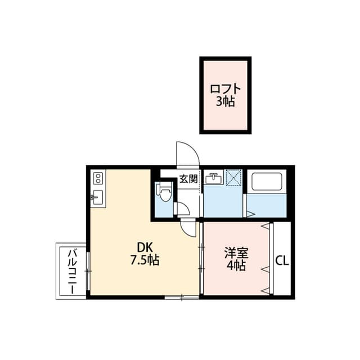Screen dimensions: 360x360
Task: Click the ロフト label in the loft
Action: pos(225,89)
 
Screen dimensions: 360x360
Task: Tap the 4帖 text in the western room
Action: pos(236,266)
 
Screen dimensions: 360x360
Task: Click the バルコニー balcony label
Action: pos(72,271)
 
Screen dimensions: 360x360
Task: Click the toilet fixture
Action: pos(164,193)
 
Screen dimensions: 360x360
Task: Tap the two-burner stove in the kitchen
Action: pos(97,179)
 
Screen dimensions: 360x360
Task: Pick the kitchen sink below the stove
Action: pos(96,198)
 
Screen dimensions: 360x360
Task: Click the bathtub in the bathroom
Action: pos(268,182)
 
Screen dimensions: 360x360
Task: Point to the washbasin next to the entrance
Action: pos(213,179)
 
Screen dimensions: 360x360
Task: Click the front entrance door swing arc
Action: pos(187,153)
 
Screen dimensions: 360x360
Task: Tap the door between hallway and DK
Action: pos(187,226)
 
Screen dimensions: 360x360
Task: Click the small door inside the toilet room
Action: pos(181,208)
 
